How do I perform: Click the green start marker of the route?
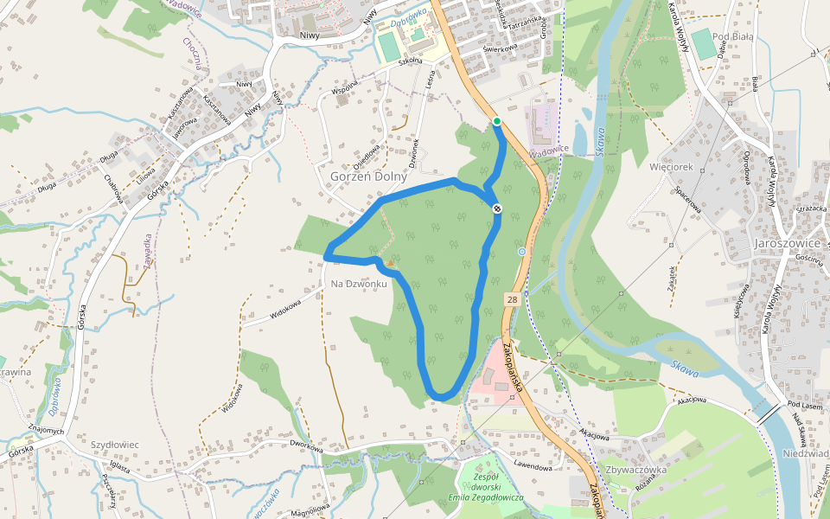tap(496, 121)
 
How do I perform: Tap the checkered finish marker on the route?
tap(498, 208)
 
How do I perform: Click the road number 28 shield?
tap(512, 299)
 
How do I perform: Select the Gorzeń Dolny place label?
tap(368, 176)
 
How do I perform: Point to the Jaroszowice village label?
tap(788, 243)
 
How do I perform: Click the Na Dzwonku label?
tap(358, 283)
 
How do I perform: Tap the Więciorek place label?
tap(671, 164)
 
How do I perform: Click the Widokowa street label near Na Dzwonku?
tap(285, 310)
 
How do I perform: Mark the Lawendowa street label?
tap(533, 466)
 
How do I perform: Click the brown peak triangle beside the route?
tap(390, 262)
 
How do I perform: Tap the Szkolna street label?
tap(410, 61)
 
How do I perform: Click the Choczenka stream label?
tap(193, 53)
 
